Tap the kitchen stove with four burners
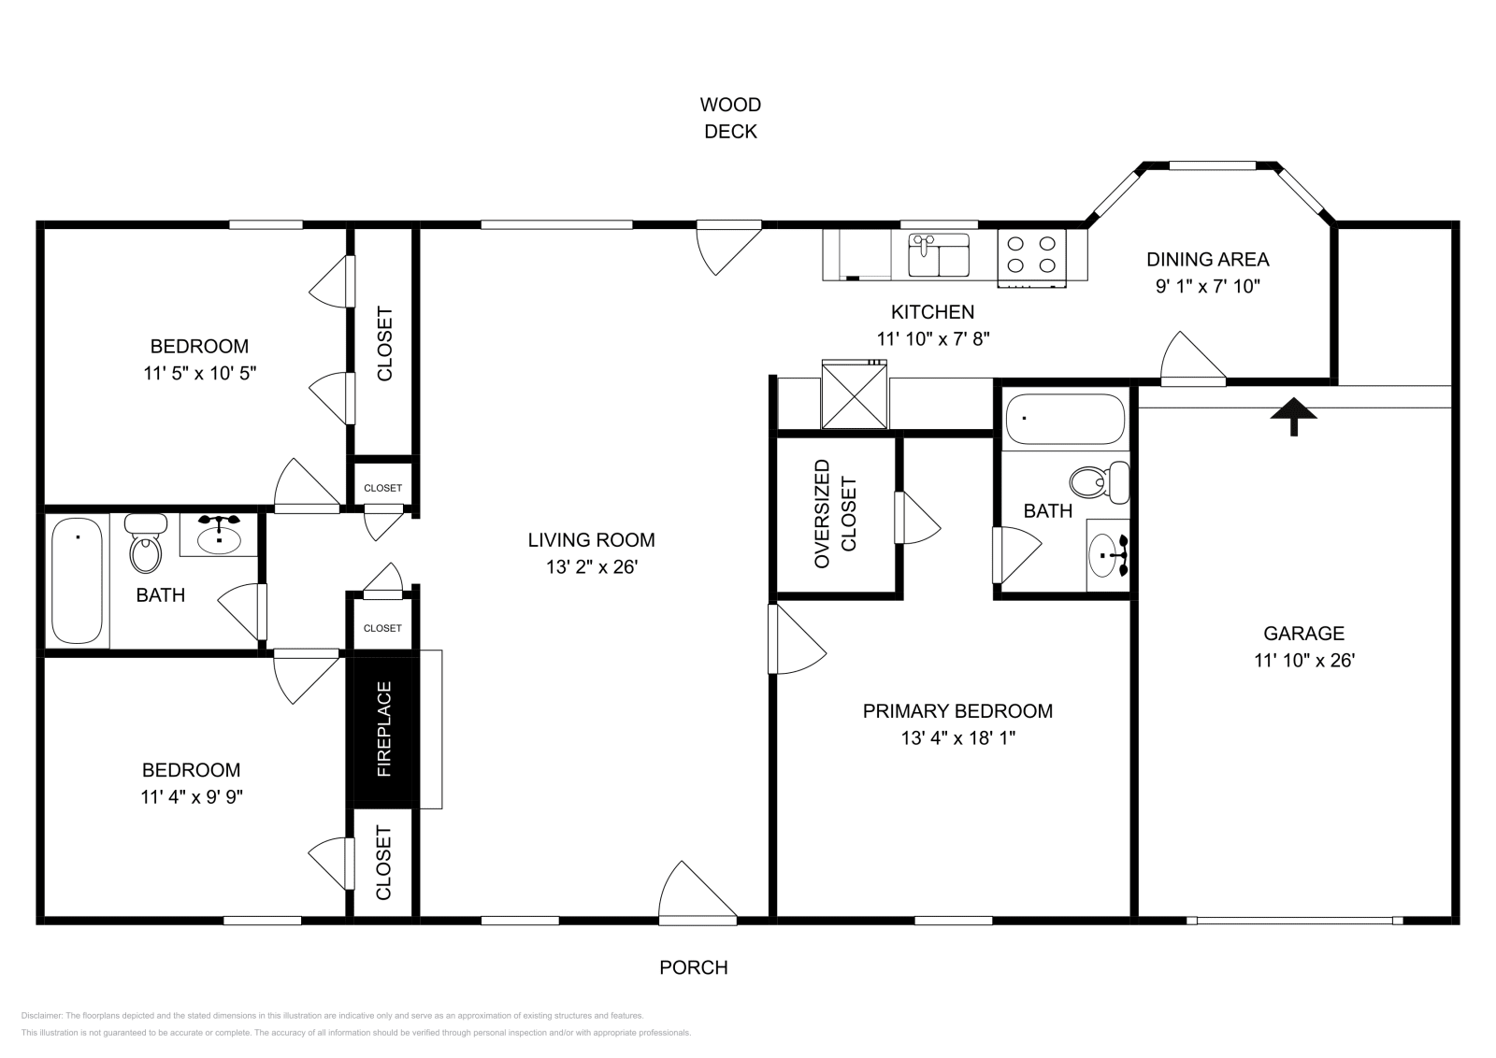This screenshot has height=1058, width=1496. [x=1032, y=255]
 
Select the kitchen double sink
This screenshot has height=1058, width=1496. [x=940, y=255]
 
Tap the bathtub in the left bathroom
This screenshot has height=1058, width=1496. [x=77, y=579]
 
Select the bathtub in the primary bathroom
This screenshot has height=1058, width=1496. [x=1064, y=420]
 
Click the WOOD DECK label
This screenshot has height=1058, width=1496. [x=730, y=118]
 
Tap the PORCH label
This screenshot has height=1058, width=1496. [x=693, y=967]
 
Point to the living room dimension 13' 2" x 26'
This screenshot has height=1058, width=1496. [x=591, y=566]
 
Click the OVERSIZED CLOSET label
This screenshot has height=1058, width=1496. [x=835, y=513]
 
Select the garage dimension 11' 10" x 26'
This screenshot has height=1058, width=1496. [x=1303, y=660]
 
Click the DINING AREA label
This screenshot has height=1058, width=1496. [x=1207, y=259]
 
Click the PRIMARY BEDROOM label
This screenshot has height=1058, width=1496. [x=957, y=711]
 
